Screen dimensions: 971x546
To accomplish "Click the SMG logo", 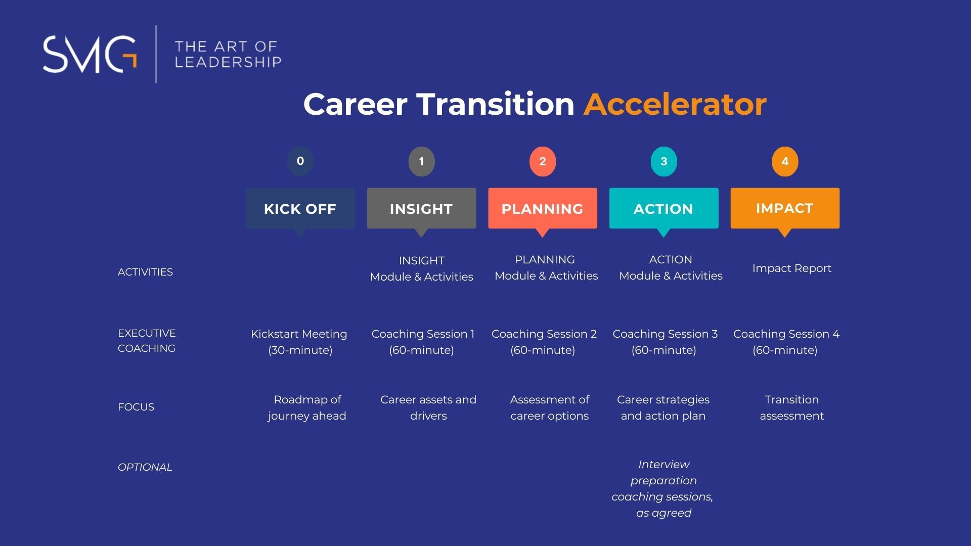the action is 90,54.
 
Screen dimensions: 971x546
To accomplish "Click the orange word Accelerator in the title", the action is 675,104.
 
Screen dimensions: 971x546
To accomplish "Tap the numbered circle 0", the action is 300,161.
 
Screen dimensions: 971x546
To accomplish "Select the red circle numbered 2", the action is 543,161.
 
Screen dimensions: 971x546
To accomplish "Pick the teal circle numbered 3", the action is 664,161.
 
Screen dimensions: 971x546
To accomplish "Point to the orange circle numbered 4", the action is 785,161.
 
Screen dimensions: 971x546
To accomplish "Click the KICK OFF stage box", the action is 300,209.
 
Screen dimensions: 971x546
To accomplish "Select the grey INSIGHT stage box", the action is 421,209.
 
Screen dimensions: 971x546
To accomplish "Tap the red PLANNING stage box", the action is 543,209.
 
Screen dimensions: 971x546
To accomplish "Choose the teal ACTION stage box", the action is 664,209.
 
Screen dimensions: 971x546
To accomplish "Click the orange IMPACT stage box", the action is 785,209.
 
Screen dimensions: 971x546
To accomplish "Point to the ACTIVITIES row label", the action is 145,272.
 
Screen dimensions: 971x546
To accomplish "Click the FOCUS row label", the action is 136,407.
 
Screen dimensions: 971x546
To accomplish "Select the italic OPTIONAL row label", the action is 145,467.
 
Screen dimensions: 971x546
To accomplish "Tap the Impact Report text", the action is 791,268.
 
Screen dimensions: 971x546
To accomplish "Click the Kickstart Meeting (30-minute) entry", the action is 299,342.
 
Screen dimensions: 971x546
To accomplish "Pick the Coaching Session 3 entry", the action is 665,342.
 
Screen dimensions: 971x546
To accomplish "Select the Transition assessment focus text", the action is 791,407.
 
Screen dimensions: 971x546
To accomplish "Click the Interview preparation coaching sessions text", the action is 663,488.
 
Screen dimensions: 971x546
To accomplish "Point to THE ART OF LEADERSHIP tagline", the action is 228,55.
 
